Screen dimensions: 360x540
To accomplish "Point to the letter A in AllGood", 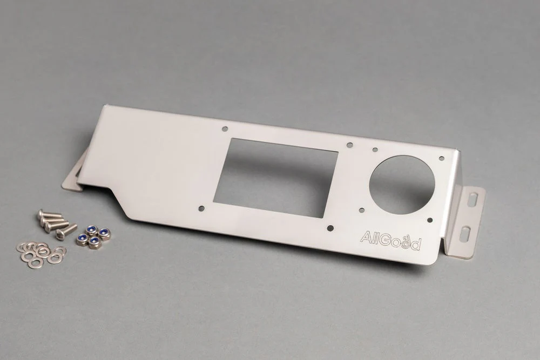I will pyautogui.click(x=366, y=237).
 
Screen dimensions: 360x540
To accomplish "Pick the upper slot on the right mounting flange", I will pyautogui.click(x=473, y=200).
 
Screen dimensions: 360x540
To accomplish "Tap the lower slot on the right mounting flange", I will pyautogui.click(x=464, y=235).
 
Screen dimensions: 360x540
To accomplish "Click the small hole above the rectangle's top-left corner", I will pyautogui.click(x=225, y=129).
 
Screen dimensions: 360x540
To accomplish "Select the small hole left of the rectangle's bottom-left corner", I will pyautogui.click(x=201, y=207).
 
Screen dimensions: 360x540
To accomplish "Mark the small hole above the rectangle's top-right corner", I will pyautogui.click(x=349, y=145).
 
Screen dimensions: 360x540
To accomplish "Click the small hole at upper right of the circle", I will pyautogui.click(x=441, y=159).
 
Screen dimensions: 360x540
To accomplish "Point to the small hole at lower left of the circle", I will pyautogui.click(x=361, y=210).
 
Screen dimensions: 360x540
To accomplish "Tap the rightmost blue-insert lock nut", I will pyautogui.click(x=104, y=234).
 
